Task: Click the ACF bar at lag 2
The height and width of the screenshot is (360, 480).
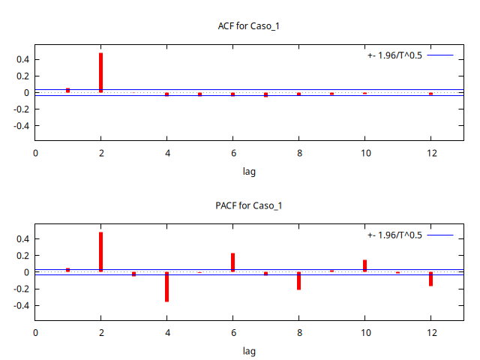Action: [x=100, y=73]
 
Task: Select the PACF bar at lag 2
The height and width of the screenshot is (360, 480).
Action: [x=100, y=252]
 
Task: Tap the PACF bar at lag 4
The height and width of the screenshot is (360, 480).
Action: [x=166, y=286]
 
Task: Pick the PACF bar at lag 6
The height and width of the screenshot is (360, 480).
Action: [x=232, y=262]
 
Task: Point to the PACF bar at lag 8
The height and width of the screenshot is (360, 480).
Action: [x=298, y=280]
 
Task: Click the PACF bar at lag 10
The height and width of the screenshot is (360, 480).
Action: [x=364, y=265]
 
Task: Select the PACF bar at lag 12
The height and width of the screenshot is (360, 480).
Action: [x=430, y=278]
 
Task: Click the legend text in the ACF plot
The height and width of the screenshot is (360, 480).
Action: [x=394, y=55]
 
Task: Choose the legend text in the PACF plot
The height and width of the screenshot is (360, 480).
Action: [x=394, y=235]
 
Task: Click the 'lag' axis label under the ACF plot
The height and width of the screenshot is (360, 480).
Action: [x=249, y=172]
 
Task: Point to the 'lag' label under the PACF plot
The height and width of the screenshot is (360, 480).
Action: [x=249, y=351]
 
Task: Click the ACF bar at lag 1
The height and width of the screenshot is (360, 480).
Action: [x=67, y=90]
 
